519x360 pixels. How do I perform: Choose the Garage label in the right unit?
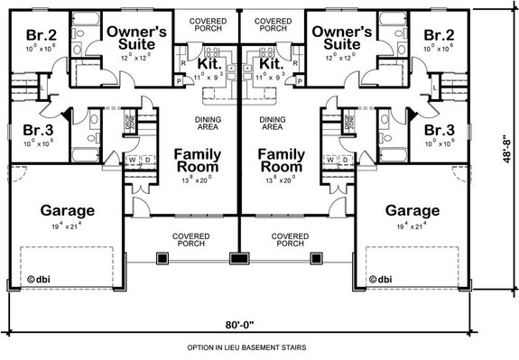pos(412,210)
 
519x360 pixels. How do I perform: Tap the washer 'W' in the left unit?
pos(134,162)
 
